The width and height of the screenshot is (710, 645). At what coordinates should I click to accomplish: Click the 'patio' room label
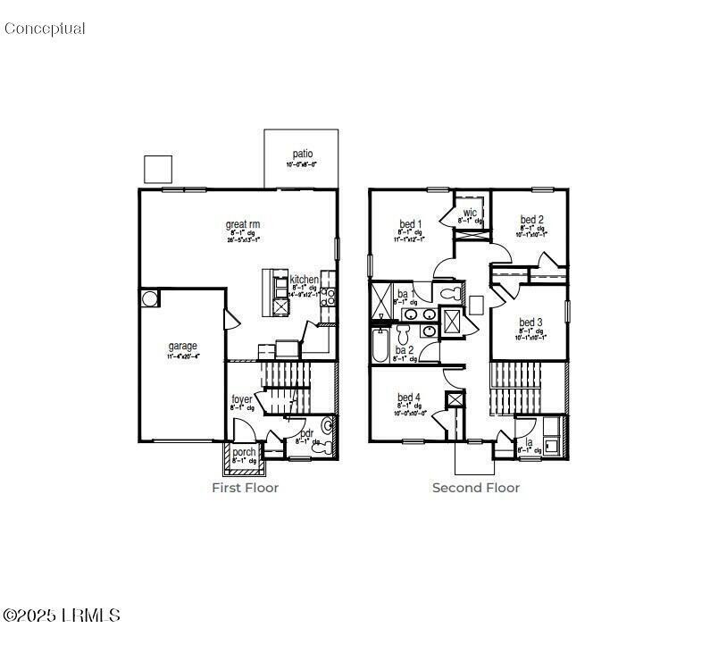[x=301, y=155]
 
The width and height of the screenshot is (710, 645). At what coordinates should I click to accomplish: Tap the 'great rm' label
[x=242, y=225]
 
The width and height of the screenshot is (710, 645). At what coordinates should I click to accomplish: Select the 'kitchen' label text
[x=304, y=280]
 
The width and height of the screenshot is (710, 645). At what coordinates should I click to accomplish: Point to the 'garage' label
[x=183, y=346]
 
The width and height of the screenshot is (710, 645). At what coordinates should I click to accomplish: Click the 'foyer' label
[x=242, y=399]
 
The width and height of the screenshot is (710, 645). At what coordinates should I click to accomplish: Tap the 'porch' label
[x=244, y=452]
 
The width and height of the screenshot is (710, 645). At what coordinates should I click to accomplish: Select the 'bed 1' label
[x=410, y=223]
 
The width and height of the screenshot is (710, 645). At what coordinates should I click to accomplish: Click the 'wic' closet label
[x=470, y=213]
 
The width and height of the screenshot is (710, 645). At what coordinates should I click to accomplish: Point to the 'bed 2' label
[x=532, y=220]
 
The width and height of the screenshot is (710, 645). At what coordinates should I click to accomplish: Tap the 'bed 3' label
[x=531, y=322]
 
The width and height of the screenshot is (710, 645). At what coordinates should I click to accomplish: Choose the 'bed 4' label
[x=410, y=398]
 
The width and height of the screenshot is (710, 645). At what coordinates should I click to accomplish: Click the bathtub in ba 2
[x=380, y=345]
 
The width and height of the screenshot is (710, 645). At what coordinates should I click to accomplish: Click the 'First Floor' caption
[x=245, y=488]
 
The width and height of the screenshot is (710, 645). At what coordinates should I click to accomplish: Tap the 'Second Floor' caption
[x=475, y=488]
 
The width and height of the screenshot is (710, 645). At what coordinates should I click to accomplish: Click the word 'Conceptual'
[x=45, y=29]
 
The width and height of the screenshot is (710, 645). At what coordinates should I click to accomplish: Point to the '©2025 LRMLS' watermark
[x=61, y=616]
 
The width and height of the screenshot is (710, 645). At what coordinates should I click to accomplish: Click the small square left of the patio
[x=157, y=169]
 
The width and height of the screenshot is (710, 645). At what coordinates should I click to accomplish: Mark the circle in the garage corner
[x=148, y=297]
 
